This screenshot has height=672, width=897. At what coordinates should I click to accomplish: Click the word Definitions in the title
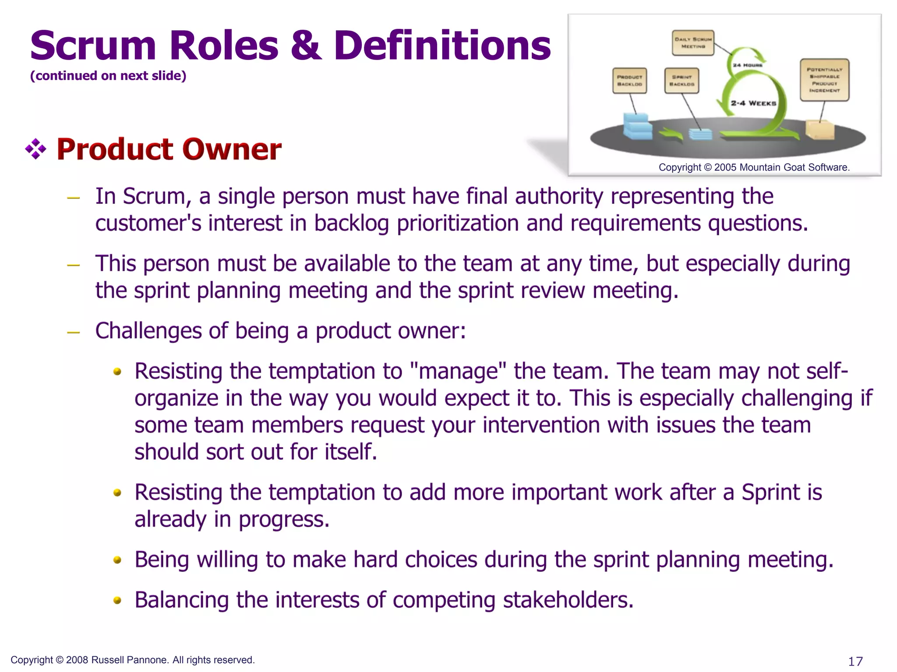pos(442,45)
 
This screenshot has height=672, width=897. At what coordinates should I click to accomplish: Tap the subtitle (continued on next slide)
pos(108,76)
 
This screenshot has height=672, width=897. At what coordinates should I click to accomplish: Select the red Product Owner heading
pos(169,149)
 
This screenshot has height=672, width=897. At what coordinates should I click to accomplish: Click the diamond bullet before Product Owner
pos(36,149)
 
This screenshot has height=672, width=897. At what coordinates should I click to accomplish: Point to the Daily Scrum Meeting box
pos(693,43)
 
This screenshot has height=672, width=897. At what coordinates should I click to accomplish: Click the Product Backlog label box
pos(629,80)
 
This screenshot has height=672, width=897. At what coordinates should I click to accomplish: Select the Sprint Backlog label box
pos(682,80)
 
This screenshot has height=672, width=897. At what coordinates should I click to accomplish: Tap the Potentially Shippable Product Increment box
pos(824,80)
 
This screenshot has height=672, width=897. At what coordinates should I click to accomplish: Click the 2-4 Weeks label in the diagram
pos(753,103)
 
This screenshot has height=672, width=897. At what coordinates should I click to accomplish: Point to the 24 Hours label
pos(748,65)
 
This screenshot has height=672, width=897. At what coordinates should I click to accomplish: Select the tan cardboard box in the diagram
pos(819,130)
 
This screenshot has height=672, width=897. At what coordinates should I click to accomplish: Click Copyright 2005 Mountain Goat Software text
pos(754,167)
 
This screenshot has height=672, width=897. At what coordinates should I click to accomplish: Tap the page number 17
pos(855,661)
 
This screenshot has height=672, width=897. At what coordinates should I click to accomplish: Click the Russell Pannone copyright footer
pos(132,660)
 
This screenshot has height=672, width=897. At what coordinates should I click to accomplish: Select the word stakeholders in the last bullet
pos(568,600)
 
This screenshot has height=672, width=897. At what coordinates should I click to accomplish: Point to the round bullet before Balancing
pos(117,600)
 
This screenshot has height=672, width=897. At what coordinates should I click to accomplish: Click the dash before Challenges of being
pos(73,332)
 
